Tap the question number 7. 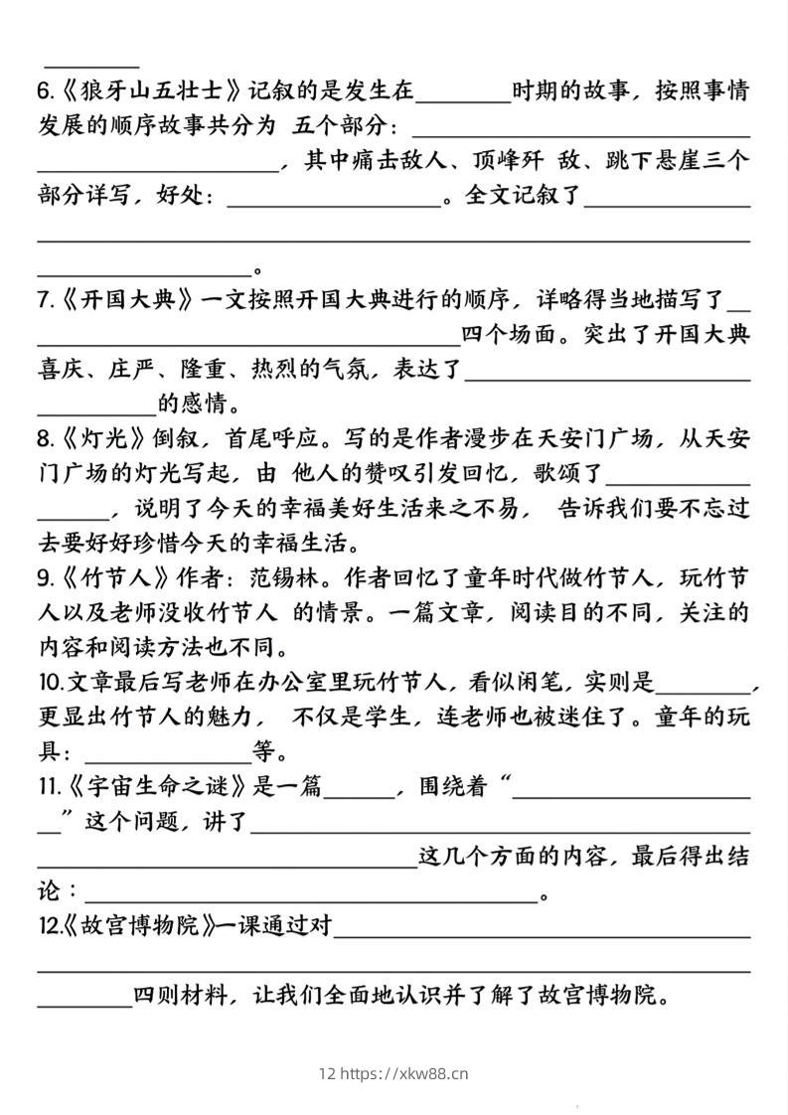(45, 299)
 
